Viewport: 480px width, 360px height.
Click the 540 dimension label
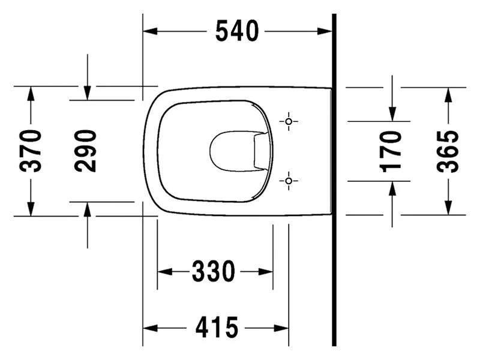237,31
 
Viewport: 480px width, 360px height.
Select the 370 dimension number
31,151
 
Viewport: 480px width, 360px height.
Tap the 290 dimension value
85,151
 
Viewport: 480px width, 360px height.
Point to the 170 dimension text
390,151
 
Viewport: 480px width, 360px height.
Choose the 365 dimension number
448,151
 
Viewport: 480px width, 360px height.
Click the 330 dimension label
214,271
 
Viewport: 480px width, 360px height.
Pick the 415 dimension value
217,328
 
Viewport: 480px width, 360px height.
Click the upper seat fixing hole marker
289,122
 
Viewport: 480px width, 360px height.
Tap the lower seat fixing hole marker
289,181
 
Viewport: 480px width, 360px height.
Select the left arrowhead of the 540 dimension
151,31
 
